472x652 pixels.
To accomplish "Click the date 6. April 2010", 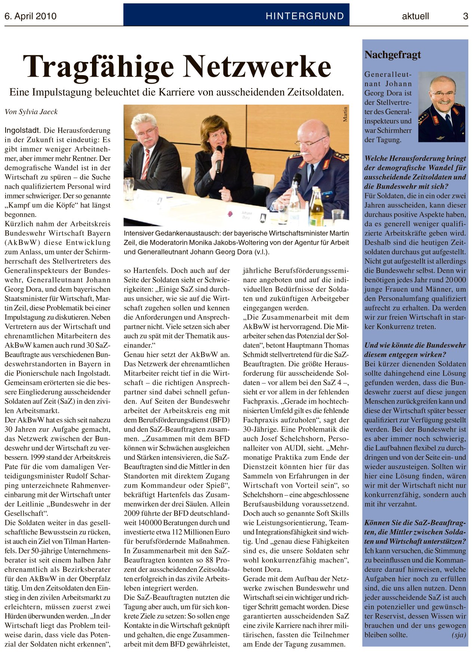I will pos(30,16).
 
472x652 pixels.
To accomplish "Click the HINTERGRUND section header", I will pos(304,16).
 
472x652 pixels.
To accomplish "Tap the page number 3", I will pos(465,16).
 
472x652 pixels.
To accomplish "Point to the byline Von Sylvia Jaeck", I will pos(31,112).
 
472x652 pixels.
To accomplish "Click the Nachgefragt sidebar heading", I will pos(393,55).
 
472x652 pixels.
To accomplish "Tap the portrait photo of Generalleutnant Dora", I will pos(442,106).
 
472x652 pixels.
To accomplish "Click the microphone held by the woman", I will pos(219,159).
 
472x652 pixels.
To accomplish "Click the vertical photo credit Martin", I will pos(345,114).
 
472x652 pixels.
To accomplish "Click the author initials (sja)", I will pos(459,635).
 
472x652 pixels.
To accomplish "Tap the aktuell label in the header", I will pos(415,16).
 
